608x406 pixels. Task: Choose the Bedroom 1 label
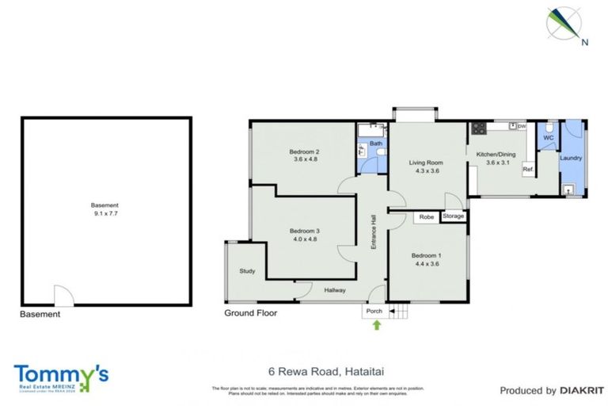(426, 255)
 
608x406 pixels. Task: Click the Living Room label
(424, 163)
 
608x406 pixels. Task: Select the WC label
(547, 138)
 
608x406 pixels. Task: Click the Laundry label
(571, 158)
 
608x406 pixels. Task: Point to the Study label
(247, 271)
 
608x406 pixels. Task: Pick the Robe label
(425, 216)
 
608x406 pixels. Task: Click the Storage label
(454, 216)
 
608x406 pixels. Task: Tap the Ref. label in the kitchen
(527, 169)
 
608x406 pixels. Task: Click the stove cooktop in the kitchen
(478, 128)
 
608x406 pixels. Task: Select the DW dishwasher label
(522, 126)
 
